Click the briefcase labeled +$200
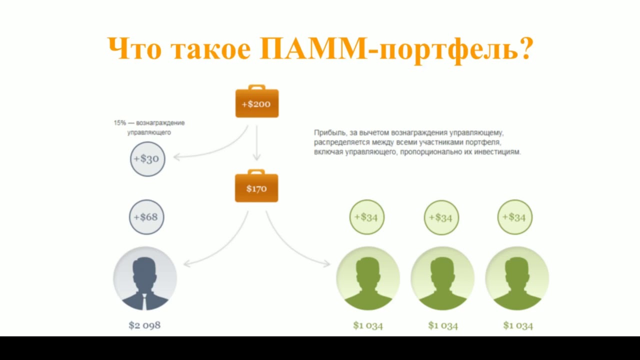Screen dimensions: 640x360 (x=257, y=101)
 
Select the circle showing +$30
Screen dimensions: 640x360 (x=147, y=159)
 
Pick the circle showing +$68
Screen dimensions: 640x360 (x=146, y=217)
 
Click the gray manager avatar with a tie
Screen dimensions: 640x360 (x=145, y=278)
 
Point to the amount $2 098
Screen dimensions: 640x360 (x=144, y=325)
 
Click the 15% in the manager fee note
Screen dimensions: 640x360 (x=119, y=123)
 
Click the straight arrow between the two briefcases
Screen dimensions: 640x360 (x=256, y=143)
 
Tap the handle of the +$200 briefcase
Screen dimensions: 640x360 (x=256, y=87)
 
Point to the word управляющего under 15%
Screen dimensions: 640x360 (x=149, y=132)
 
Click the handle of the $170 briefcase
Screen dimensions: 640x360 (x=256, y=171)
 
